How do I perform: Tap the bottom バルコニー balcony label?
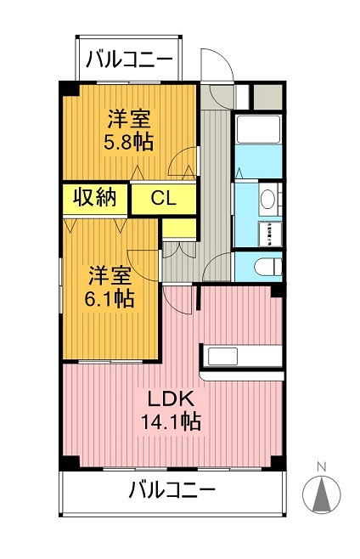[x=172, y=490]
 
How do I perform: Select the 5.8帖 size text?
[x=130, y=142]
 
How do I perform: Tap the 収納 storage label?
[x=93, y=198]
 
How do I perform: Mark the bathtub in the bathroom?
[x=258, y=130]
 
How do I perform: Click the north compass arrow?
[x=321, y=495]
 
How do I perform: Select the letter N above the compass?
[x=321, y=466]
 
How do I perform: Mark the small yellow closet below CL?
[x=178, y=228]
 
